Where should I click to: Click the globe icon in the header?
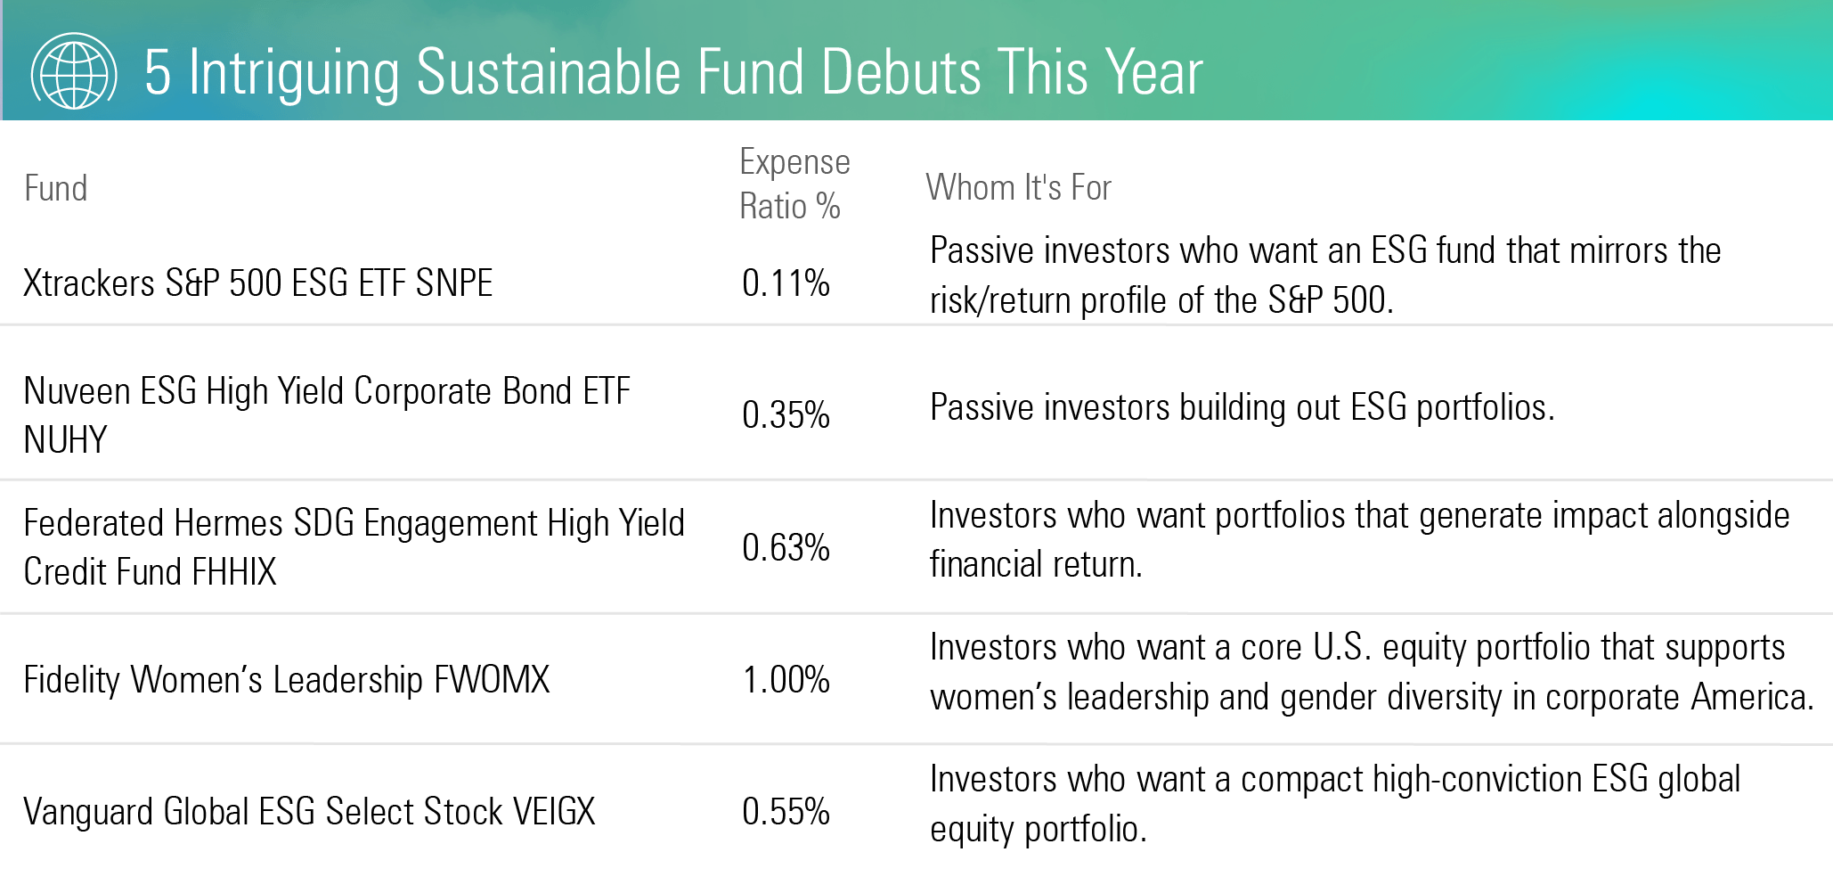(74, 71)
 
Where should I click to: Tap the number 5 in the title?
(157, 73)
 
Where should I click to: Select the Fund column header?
(55, 189)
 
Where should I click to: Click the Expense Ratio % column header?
(794, 184)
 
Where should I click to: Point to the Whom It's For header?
(1018, 188)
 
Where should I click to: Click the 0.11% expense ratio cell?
(786, 283)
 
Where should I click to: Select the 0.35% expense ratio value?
(786, 415)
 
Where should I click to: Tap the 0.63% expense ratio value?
(786, 547)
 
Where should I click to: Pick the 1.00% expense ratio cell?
(786, 680)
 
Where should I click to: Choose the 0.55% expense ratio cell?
(786, 812)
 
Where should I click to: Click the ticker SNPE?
(453, 283)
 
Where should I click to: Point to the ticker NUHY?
(65, 440)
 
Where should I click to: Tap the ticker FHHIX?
(233, 572)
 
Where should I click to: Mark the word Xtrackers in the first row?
(89, 283)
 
